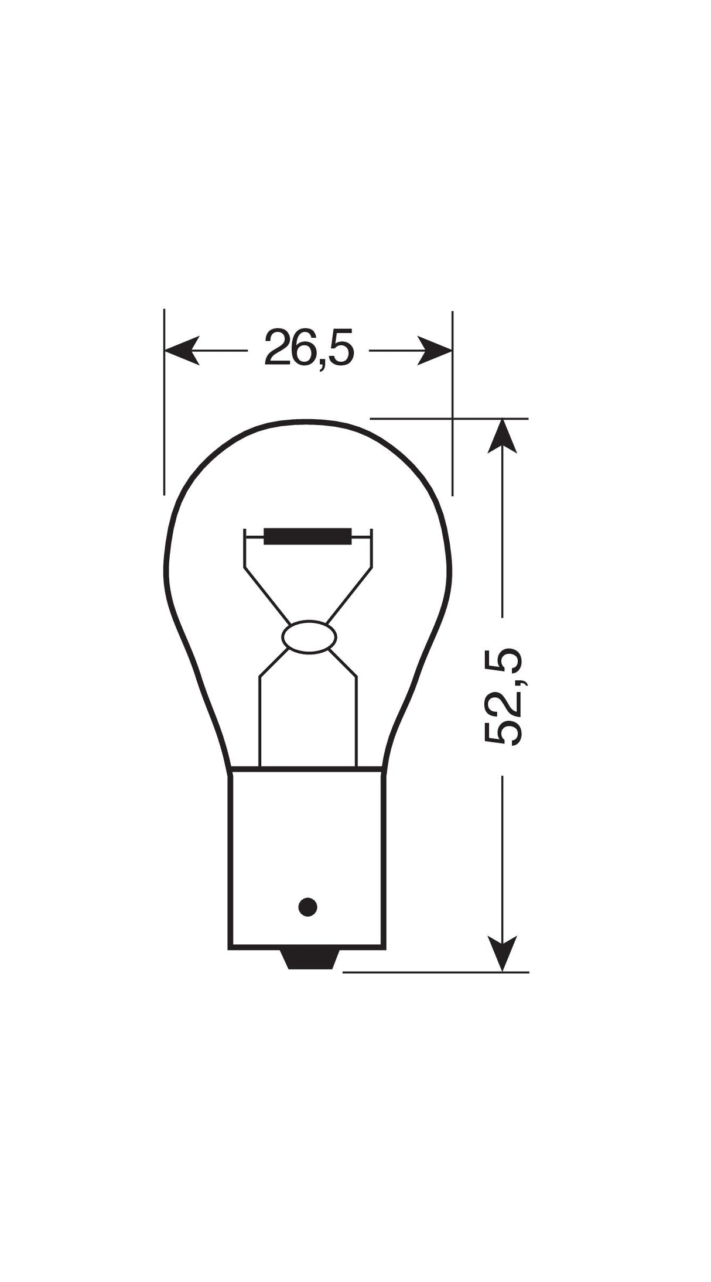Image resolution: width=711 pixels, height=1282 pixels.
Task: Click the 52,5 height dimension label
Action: pos(503,696)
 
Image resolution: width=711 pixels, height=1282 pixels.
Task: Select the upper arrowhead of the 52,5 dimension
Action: pos(503,436)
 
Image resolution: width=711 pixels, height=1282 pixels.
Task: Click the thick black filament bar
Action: pos(307,536)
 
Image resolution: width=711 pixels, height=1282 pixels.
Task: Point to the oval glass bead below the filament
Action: pos(309,636)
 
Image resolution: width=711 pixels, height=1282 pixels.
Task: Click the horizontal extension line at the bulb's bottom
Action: pos(433,972)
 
